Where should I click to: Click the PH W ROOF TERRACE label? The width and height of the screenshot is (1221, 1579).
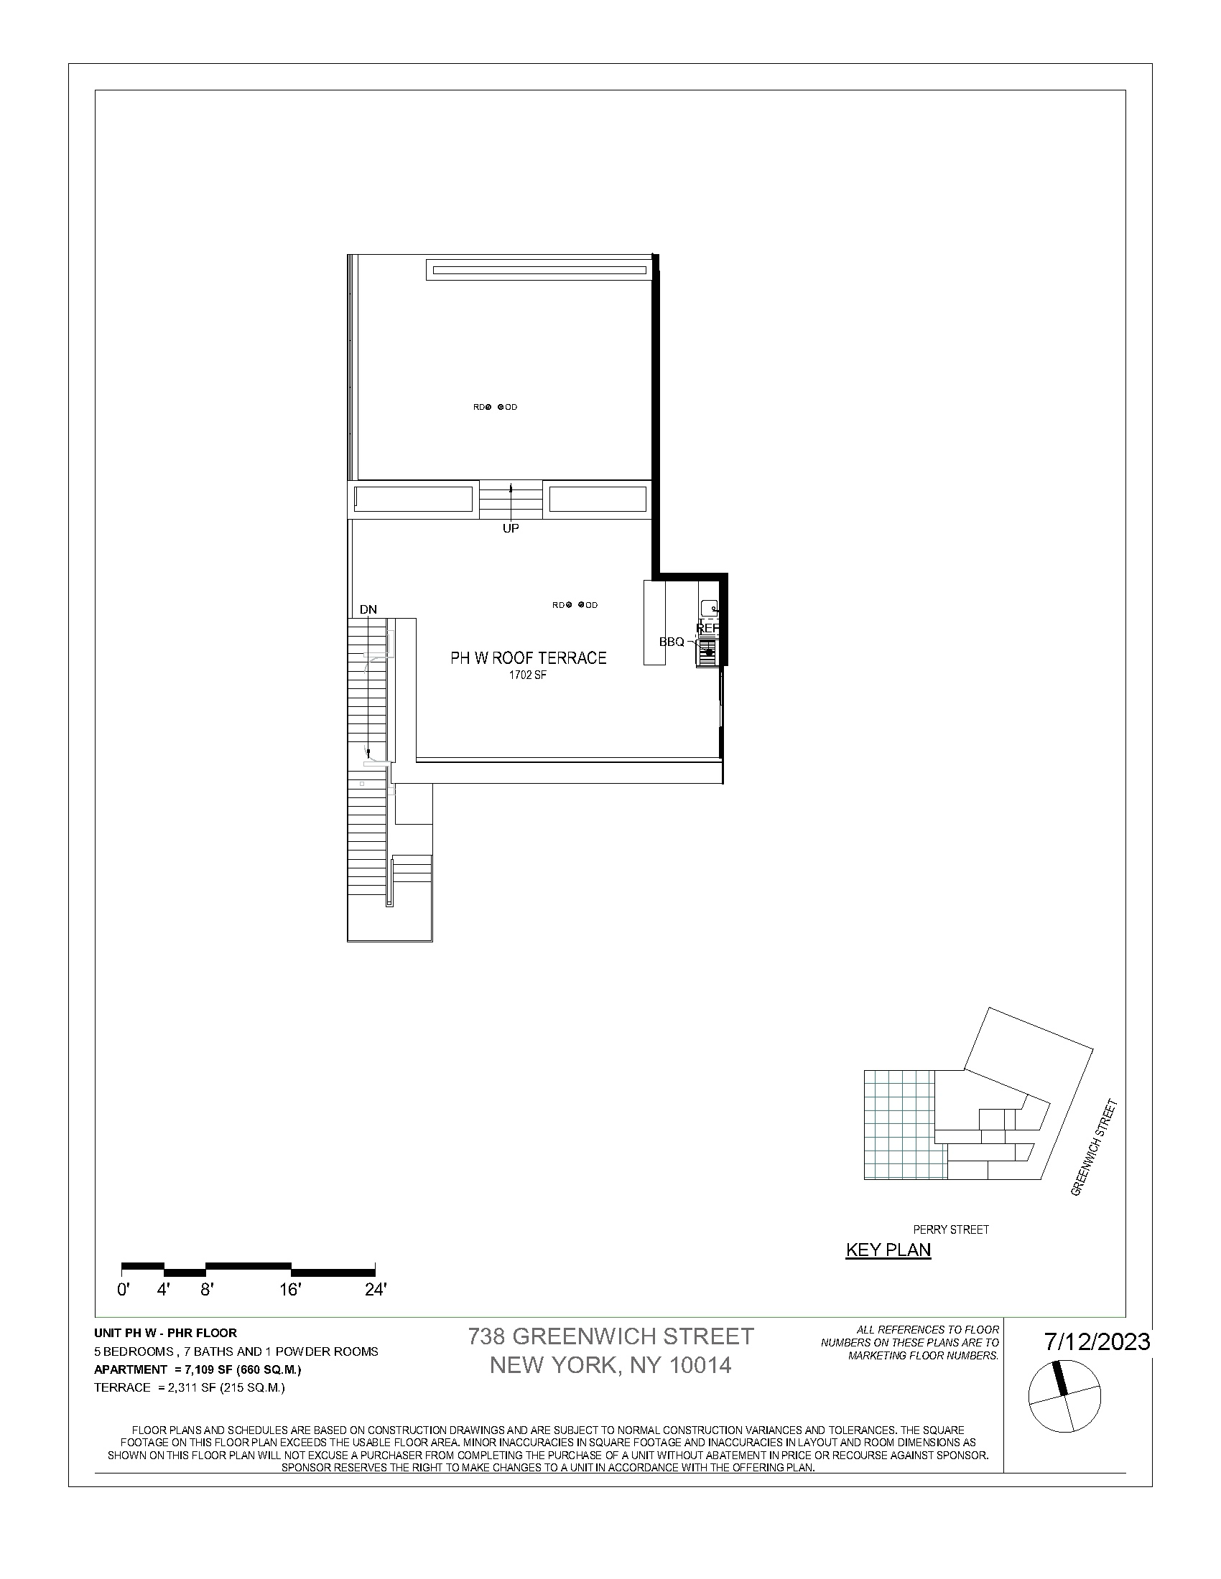528,658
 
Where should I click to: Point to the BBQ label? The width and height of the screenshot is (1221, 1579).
672,641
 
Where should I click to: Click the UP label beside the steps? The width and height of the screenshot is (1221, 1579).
511,528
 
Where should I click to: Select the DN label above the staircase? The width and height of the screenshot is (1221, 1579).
368,609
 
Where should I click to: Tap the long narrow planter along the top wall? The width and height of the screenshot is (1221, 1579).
539,271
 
